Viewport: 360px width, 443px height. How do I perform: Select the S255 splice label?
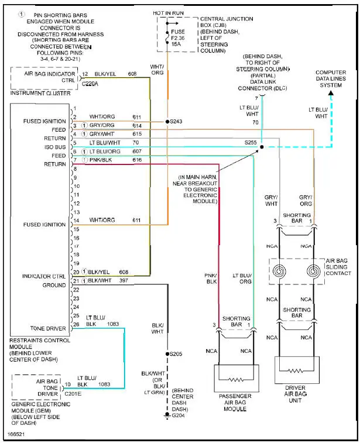251,142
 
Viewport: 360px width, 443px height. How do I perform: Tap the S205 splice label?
176,354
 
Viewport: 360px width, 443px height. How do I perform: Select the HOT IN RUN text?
169,12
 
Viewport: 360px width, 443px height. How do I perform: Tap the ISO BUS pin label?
53,146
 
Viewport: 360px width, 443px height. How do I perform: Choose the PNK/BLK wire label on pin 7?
101,159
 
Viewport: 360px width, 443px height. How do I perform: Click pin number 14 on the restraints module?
76,220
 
